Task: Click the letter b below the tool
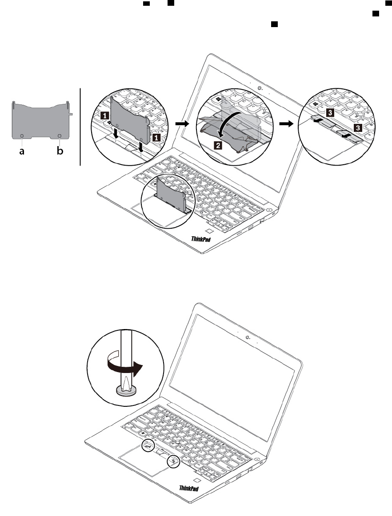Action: point(60,151)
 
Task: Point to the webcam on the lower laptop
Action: point(247,337)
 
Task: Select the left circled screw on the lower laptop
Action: point(149,445)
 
